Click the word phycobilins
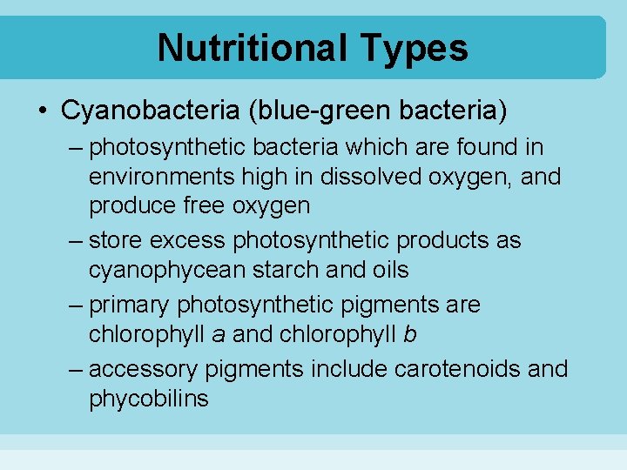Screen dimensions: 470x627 148,399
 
